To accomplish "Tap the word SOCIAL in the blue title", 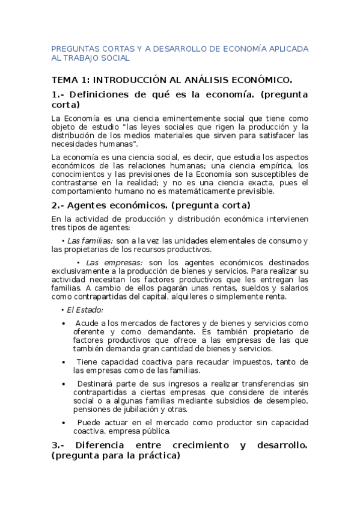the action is click(x=113, y=59).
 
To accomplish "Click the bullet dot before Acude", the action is click(x=64, y=323).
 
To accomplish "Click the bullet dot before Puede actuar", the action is click(x=64, y=423).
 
